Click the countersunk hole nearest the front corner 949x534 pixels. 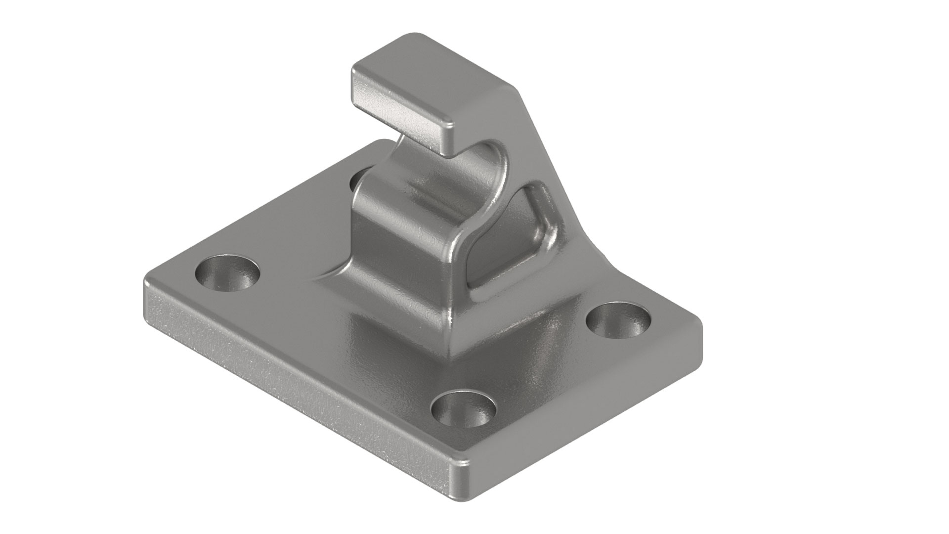[463, 409]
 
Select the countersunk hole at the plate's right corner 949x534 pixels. [618, 321]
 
